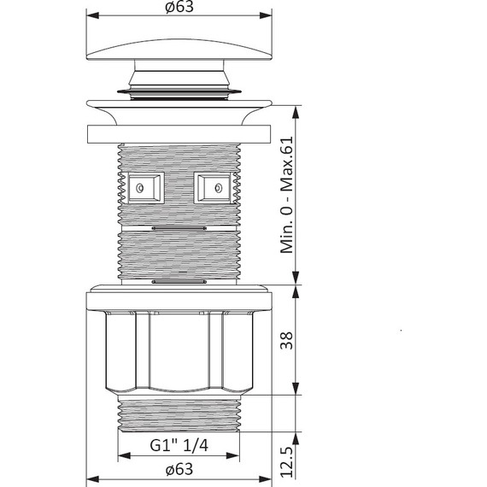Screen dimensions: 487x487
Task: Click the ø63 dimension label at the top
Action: (x=179, y=7)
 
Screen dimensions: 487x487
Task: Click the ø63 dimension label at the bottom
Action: (x=179, y=469)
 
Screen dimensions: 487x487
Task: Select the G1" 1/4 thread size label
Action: (x=179, y=445)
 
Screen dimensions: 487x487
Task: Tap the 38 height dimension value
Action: (x=286, y=340)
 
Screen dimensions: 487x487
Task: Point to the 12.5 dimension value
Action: (x=286, y=462)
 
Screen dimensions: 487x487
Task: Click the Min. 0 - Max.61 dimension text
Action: (x=286, y=195)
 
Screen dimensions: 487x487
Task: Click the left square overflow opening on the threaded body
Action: (x=145, y=188)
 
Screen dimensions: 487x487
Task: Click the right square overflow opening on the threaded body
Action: (x=214, y=188)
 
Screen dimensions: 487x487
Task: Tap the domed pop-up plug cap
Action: (x=179, y=50)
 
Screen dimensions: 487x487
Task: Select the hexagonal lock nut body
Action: (x=179, y=353)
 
